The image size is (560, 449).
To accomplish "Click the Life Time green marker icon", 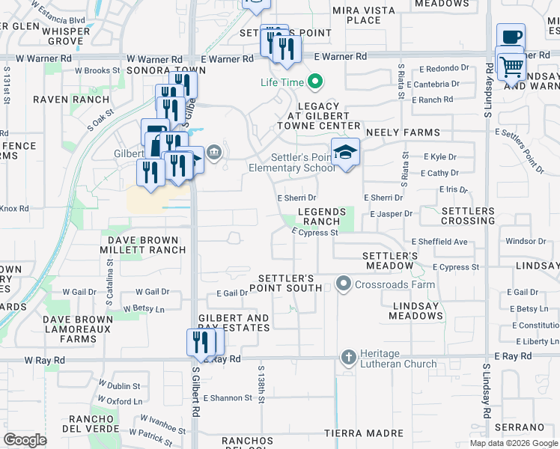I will pyautogui.click(x=316, y=82).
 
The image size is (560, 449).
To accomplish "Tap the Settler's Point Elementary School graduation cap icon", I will pyautogui.click(x=345, y=153).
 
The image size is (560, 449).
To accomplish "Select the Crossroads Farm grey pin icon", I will pyautogui.click(x=344, y=284).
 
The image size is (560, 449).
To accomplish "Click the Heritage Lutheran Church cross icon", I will pyautogui.click(x=348, y=358).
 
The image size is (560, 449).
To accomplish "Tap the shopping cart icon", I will pyautogui.click(x=512, y=67).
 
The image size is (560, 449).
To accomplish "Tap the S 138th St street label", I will pyautogui.click(x=262, y=384).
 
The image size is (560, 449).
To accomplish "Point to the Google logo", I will pyautogui.click(x=25, y=440).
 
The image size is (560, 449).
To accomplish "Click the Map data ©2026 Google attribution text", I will pyautogui.click(x=513, y=443).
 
